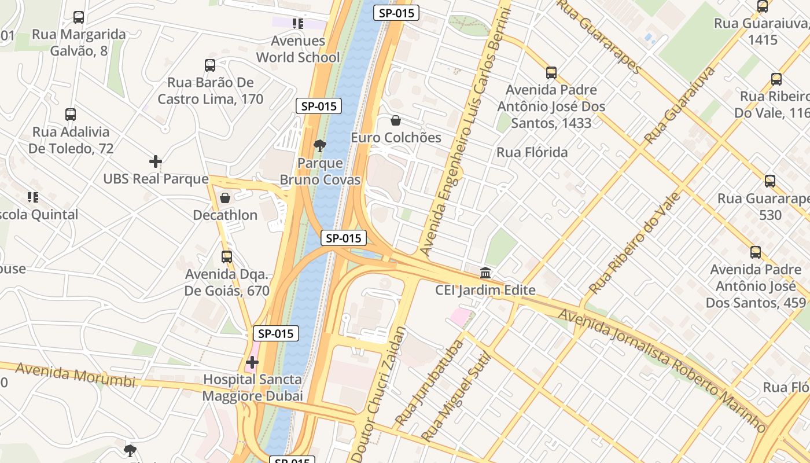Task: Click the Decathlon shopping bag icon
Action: [225, 199]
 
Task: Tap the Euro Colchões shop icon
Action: [396, 121]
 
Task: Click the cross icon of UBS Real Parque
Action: [155, 161]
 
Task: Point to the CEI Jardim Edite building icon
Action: [485, 273]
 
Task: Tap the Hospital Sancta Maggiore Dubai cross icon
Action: [252, 363]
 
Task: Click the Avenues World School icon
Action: [298, 24]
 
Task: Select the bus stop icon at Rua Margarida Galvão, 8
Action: [79, 17]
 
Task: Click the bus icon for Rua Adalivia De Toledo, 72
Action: [71, 115]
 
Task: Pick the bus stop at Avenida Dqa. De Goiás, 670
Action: [227, 256]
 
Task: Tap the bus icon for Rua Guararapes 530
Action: [770, 181]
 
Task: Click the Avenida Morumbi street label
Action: [75, 375]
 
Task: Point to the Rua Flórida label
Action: [532, 153]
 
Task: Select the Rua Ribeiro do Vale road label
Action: [635, 243]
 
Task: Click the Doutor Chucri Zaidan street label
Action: [379, 394]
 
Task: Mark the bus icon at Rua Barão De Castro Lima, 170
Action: [210, 66]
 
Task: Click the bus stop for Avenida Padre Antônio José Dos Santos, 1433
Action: [551, 73]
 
